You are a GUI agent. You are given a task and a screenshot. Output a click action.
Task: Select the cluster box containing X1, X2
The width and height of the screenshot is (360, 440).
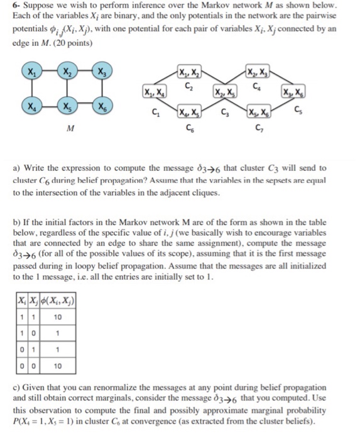(x=187, y=70)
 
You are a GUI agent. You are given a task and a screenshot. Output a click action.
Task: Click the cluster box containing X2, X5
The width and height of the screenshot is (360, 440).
(x=221, y=93)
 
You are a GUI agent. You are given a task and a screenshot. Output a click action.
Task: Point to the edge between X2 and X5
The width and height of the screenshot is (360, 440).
(x=65, y=89)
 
